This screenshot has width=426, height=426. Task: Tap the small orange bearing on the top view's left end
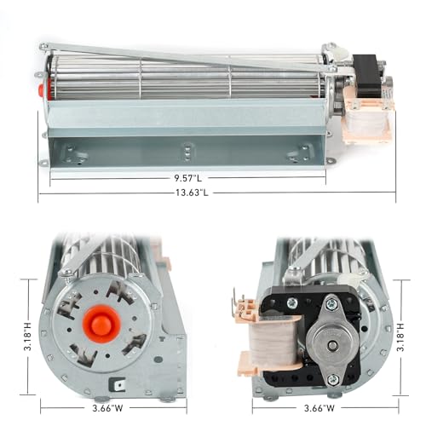[x=39, y=87]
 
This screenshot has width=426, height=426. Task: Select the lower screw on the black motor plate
[x=331, y=378]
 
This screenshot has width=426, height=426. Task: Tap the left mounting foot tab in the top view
[x=44, y=163]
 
